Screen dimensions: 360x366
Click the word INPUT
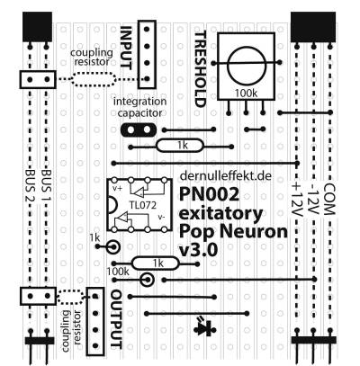click(x=126, y=48)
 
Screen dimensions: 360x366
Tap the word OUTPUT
click(x=117, y=319)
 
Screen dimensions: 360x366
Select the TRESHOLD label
click(x=201, y=69)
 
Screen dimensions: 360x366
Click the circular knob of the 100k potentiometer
click(x=247, y=66)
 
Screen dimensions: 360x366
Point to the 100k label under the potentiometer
click(x=246, y=94)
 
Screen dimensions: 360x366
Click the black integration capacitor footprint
click(x=139, y=129)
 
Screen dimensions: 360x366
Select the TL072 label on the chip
click(x=143, y=205)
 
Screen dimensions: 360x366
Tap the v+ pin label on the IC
click(x=117, y=188)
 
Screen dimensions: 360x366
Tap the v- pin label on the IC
click(x=161, y=217)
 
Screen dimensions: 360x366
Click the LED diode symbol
click(x=205, y=328)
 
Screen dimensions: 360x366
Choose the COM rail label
click(x=328, y=200)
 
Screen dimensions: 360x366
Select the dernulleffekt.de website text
click(x=226, y=175)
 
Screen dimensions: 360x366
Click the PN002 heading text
click(x=210, y=194)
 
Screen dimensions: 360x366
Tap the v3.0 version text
click(x=198, y=250)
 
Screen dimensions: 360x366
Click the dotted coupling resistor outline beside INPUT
click(x=94, y=79)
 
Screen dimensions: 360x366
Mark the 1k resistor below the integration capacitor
click(x=180, y=146)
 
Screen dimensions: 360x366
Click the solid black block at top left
click(x=38, y=27)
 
